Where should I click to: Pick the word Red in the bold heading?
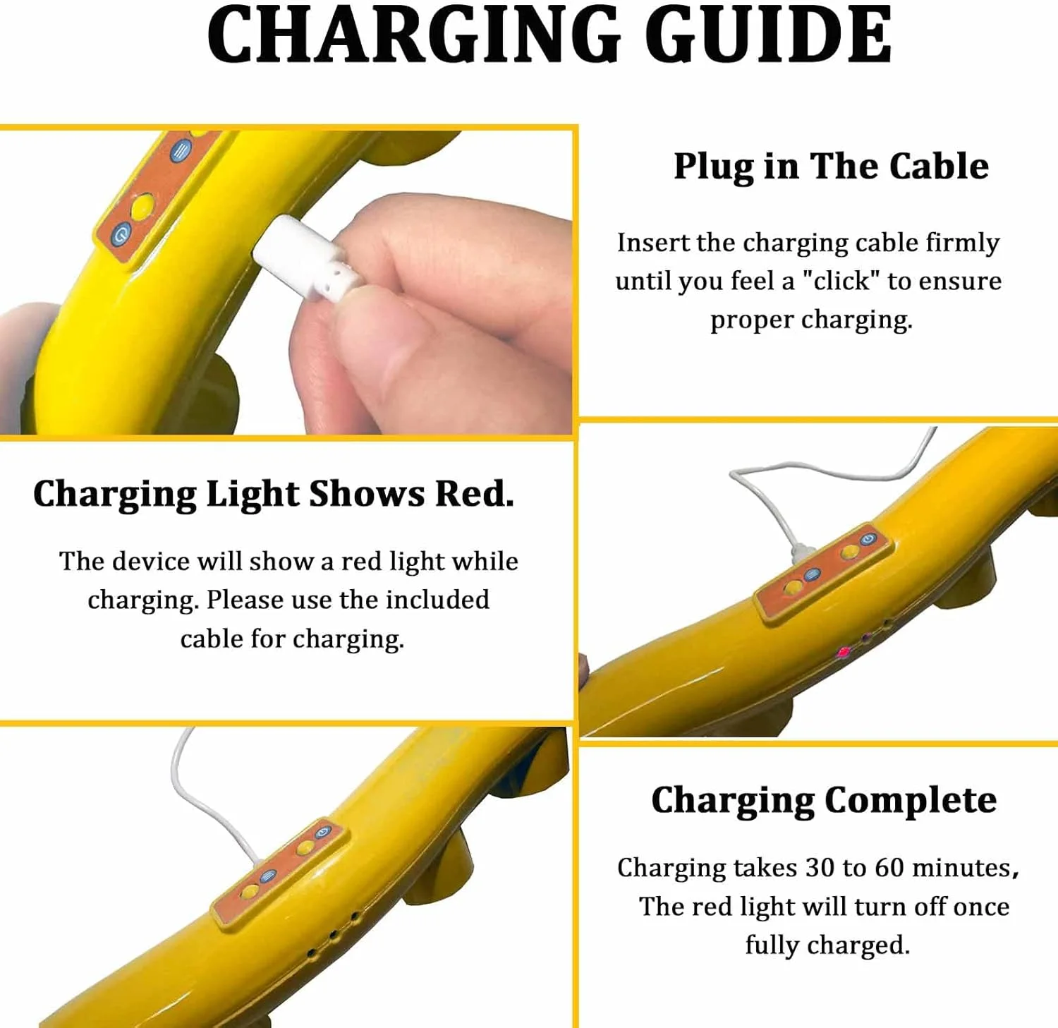point(474,493)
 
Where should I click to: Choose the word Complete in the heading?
point(911,801)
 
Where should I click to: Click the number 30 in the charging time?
point(820,867)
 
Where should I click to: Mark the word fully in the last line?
point(772,945)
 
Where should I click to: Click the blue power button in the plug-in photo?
point(122,234)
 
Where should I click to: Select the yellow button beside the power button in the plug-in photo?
point(142,206)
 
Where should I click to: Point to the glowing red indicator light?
point(844,652)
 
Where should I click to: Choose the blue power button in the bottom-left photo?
point(323,832)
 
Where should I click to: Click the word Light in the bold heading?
point(253,495)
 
